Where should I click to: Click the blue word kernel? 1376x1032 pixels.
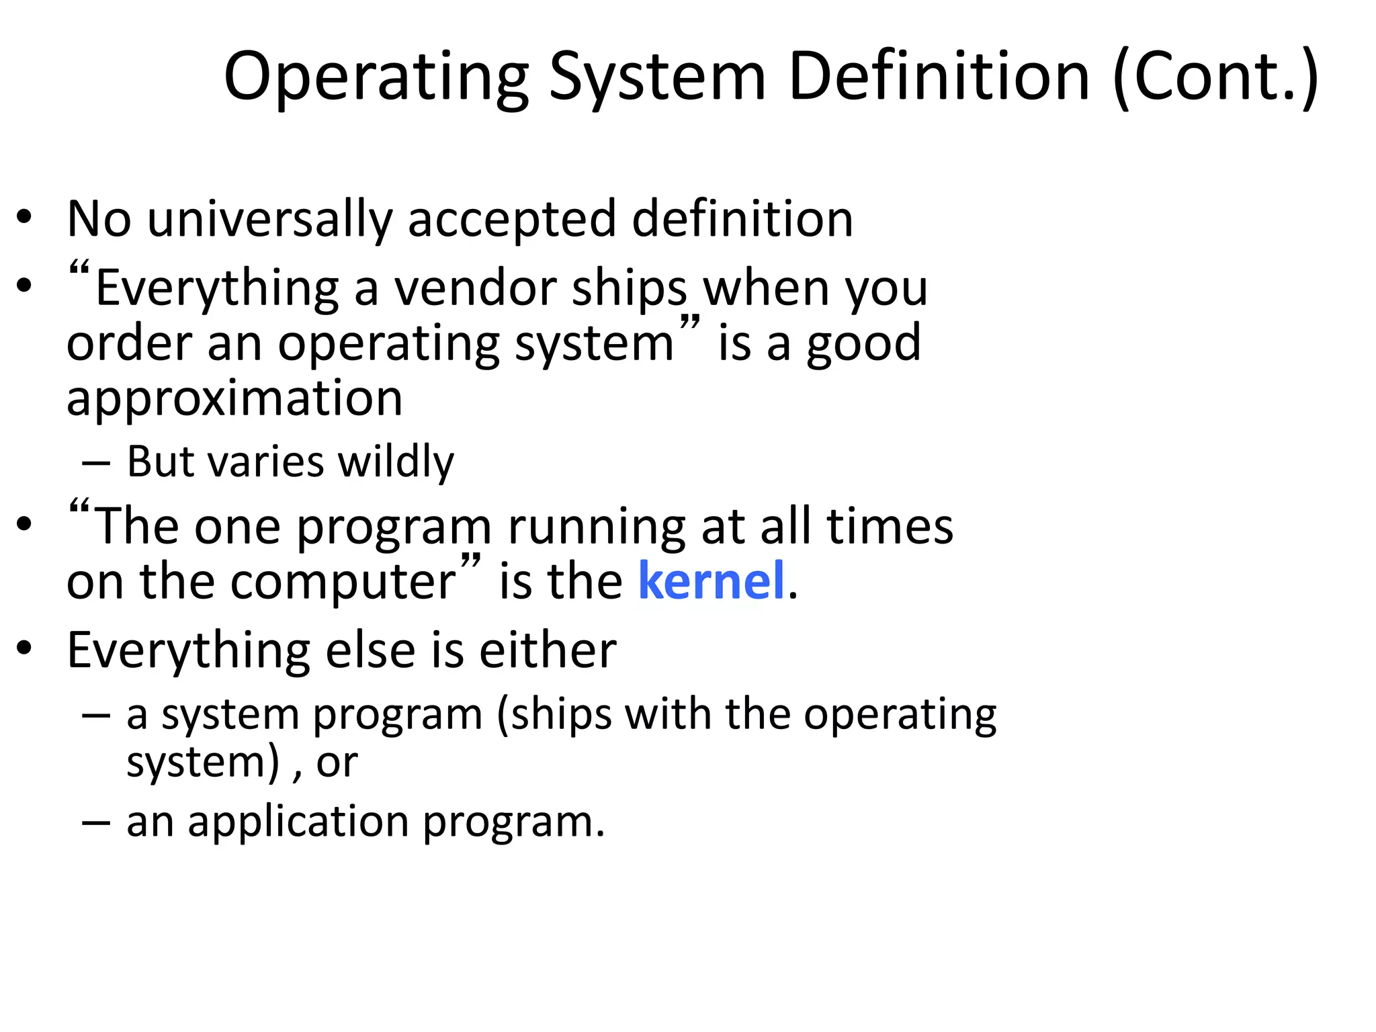click(x=711, y=580)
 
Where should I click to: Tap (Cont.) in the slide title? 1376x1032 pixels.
click(x=1215, y=78)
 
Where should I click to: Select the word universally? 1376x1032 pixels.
click(x=269, y=220)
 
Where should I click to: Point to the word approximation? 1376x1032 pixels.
click(x=234, y=398)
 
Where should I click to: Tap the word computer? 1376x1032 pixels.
click(x=343, y=582)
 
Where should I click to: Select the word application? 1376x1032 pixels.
click(x=298, y=822)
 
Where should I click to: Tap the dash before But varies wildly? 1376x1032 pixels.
click(x=95, y=463)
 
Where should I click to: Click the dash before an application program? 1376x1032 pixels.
click(x=95, y=822)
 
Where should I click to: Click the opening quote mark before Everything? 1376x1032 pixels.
click(x=79, y=270)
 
